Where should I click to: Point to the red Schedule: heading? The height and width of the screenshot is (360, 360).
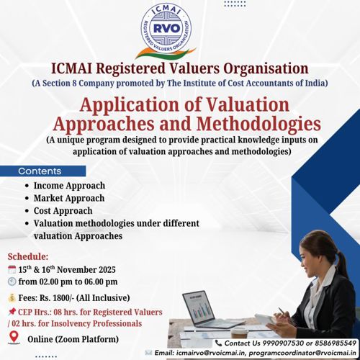(x=28, y=256)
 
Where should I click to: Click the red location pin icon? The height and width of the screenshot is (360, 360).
(x=12, y=336)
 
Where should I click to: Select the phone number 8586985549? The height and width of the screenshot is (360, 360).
(x=334, y=343)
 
